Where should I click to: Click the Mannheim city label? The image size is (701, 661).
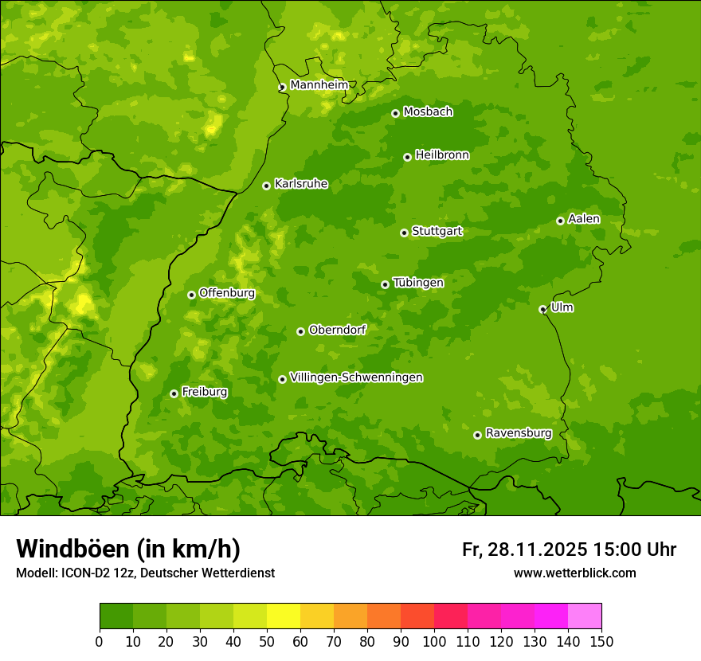coord(319,85)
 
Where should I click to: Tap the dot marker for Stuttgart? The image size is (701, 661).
coord(404,233)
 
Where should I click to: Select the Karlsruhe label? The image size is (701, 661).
coord(301,184)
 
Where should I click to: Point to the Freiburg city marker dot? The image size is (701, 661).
coord(174,393)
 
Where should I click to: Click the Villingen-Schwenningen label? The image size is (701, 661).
coord(356,377)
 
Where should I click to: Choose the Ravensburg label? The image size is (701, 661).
coord(519,433)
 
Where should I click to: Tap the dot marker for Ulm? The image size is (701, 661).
coord(542,309)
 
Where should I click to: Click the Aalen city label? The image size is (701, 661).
coord(584,219)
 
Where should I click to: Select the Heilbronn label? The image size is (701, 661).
coord(442,155)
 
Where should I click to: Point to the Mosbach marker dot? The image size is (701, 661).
coord(395,113)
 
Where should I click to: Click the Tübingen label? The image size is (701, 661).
coord(418,283)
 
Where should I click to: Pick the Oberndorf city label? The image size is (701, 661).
coord(337,330)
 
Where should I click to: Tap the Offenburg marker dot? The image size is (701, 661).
coord(191,295)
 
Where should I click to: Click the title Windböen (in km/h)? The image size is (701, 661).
coord(128,549)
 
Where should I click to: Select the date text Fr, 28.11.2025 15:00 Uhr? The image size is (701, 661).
coord(569,550)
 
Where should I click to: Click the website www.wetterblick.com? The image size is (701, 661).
coord(574,573)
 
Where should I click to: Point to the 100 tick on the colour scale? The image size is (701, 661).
coord(434,640)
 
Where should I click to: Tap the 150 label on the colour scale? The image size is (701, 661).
coord(601,640)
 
